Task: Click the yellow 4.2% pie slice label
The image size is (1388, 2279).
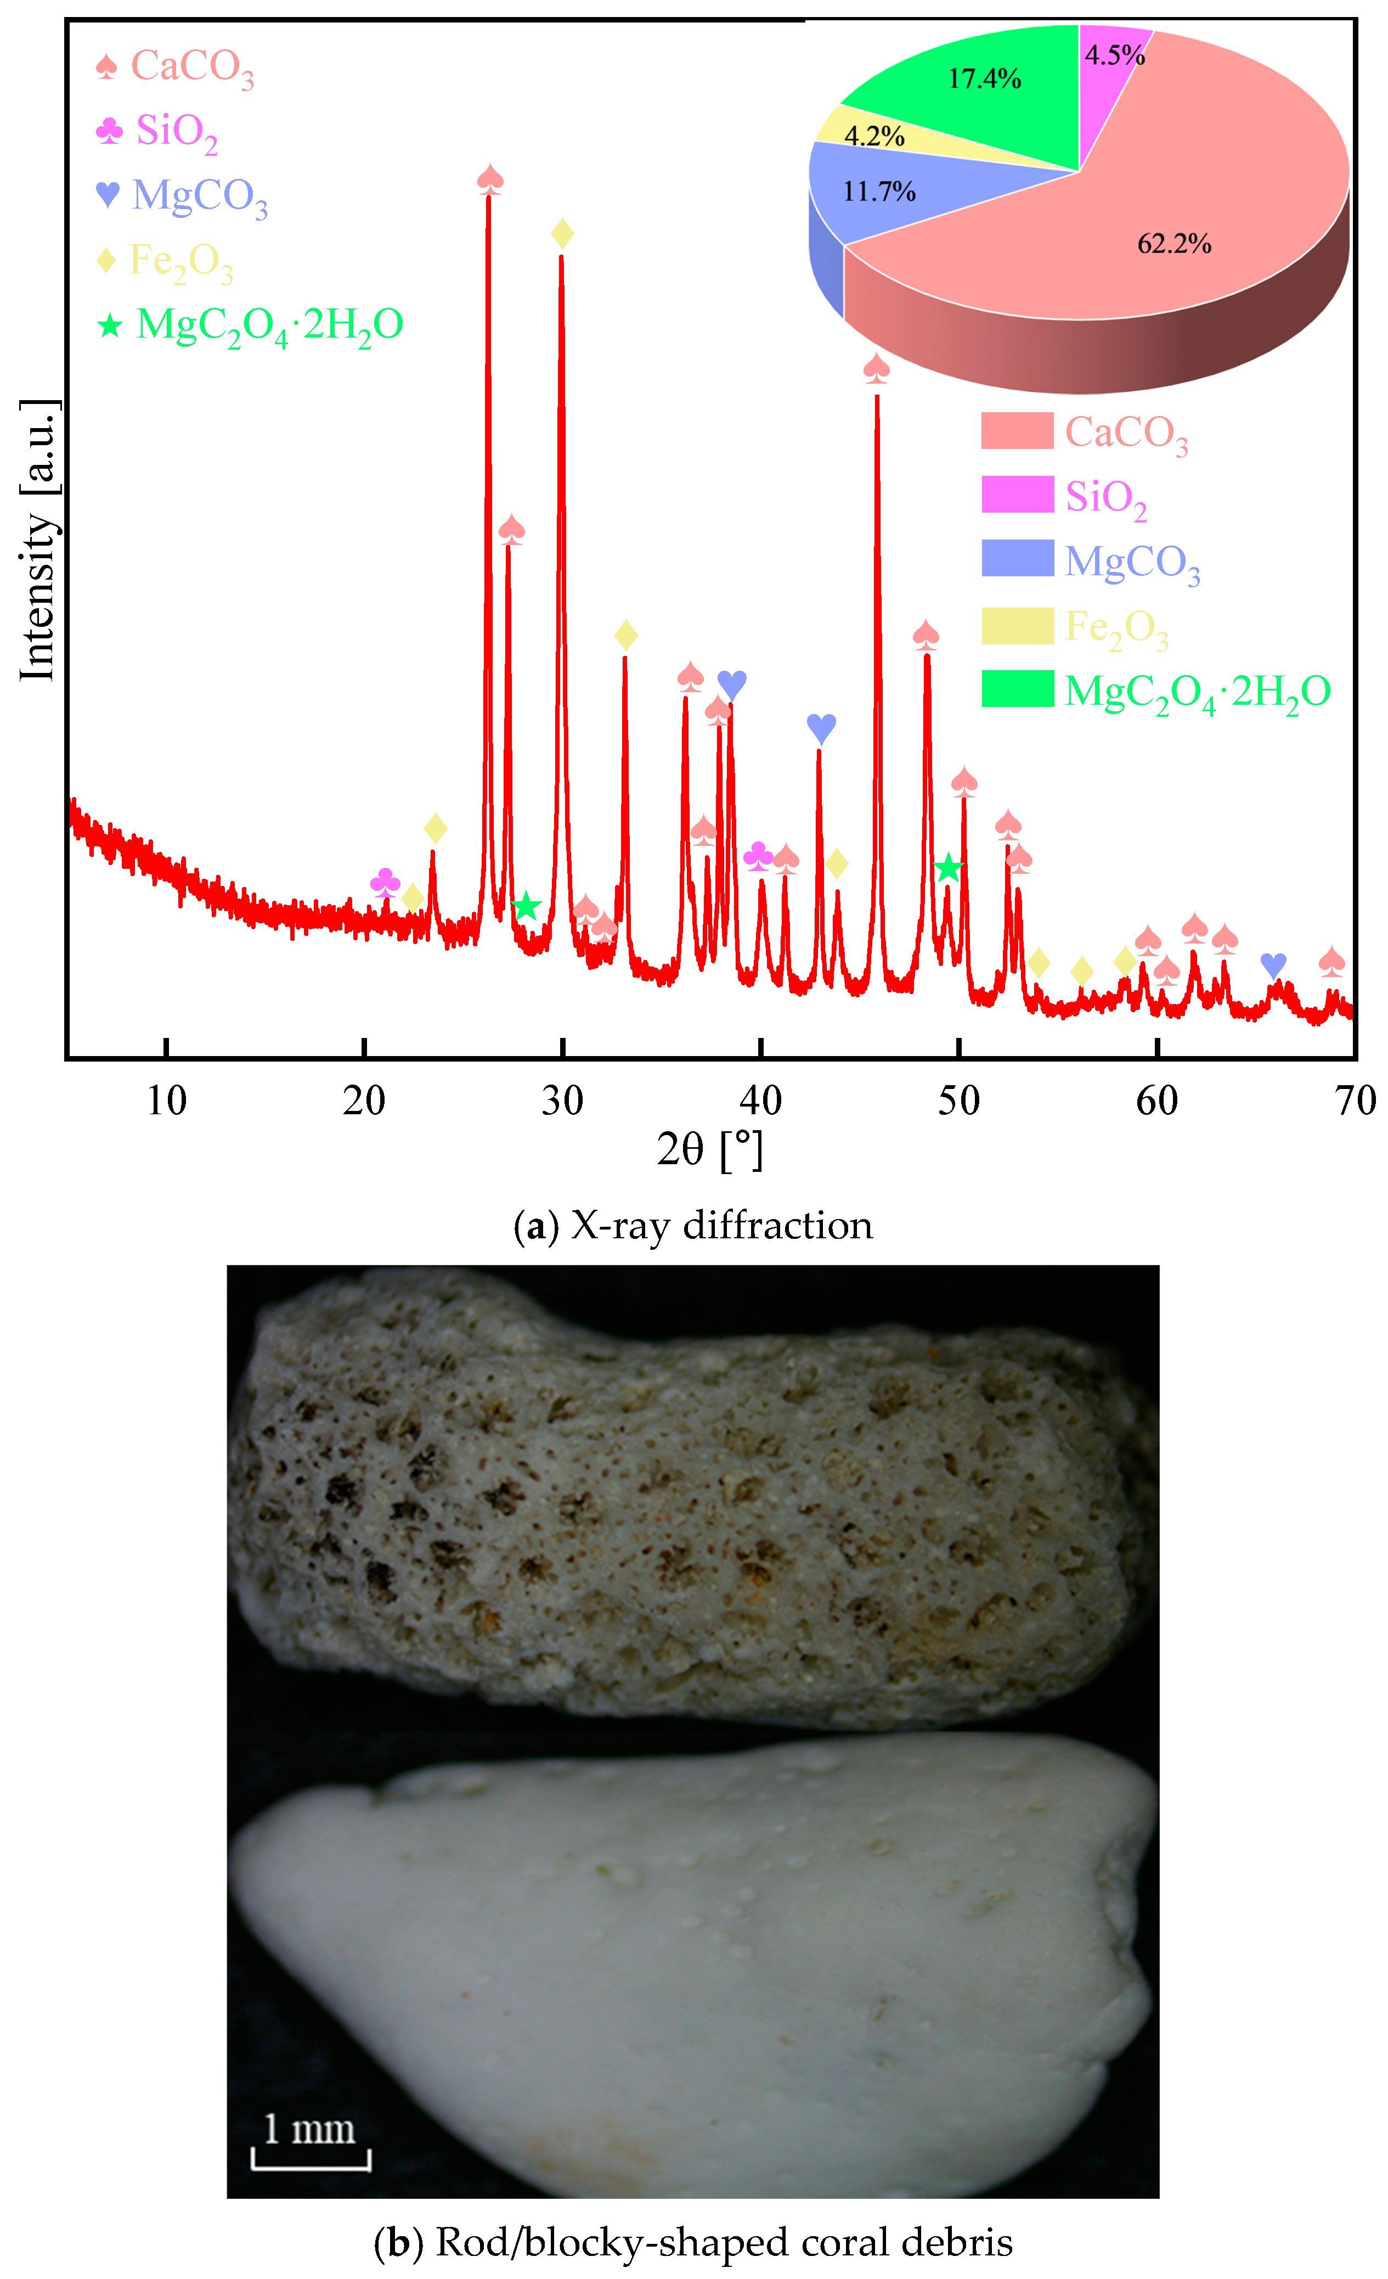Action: [x=874, y=137]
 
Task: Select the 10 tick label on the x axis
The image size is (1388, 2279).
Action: [x=166, y=1101]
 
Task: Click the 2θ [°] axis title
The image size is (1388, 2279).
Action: [x=709, y=1150]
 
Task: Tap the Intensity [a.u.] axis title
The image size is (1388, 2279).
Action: [x=39, y=541]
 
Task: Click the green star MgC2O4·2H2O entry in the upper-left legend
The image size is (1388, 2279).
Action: [x=250, y=325]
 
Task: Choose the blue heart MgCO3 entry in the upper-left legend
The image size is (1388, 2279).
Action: [x=182, y=196]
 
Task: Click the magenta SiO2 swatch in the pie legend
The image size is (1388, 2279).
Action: [x=1017, y=495]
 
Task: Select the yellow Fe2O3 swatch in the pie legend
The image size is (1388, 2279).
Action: [x=1017, y=626]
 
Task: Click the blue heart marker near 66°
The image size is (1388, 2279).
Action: [x=1273, y=965]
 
